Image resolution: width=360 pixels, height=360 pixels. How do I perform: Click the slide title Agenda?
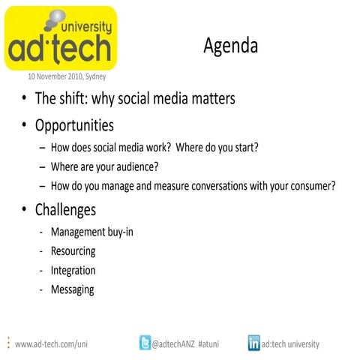[x=230, y=46]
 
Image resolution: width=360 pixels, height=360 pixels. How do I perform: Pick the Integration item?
[x=73, y=270]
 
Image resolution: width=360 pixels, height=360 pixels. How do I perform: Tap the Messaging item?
[x=72, y=289]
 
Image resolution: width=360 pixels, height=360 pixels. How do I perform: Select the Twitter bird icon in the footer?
[x=145, y=343]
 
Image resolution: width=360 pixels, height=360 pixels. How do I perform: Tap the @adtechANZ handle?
[x=175, y=344]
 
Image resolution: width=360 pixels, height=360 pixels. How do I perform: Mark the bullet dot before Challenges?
[x=25, y=211]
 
